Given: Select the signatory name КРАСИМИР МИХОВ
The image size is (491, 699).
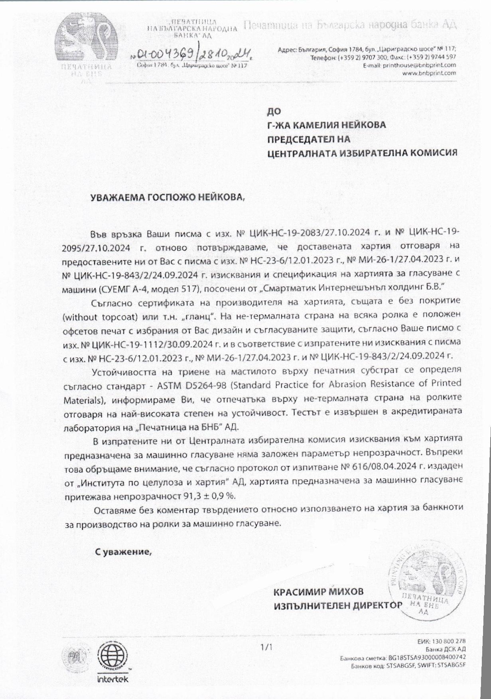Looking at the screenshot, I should coord(318,591).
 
